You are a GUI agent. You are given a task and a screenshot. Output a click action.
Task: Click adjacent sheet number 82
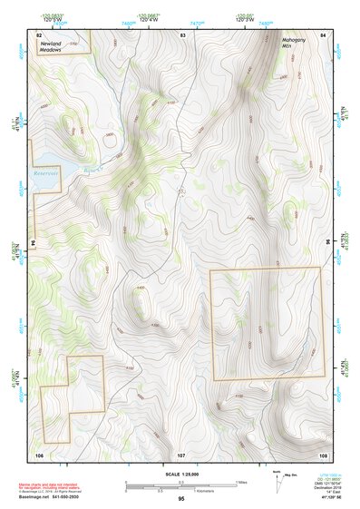coord(39,34)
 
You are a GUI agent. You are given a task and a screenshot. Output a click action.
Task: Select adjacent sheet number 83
coord(182,34)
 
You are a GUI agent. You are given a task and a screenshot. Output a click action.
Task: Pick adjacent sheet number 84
coord(324,34)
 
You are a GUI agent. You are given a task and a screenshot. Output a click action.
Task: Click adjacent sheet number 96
coord(326,242)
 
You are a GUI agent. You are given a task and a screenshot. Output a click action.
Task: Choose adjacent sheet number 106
coord(39,453)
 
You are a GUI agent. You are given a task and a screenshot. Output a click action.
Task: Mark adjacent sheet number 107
coord(181,453)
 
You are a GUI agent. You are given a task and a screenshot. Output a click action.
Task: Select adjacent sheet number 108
coord(323,453)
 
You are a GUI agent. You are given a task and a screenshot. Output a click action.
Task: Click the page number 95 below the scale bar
coord(181,499)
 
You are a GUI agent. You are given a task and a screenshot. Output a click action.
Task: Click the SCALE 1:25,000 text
coord(180,475)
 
